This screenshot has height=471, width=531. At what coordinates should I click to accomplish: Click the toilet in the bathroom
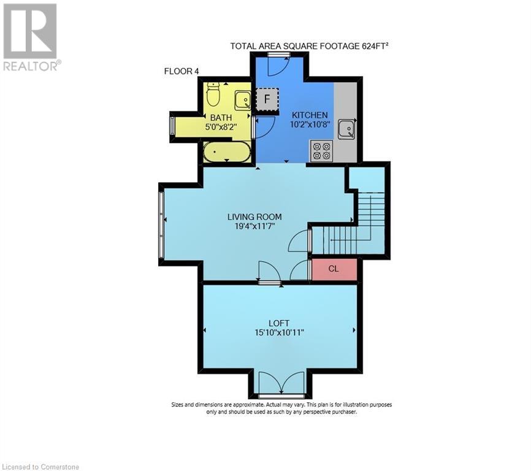(213, 94)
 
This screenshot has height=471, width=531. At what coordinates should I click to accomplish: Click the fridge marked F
(267, 98)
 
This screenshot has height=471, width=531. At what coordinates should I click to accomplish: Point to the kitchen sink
(346, 128)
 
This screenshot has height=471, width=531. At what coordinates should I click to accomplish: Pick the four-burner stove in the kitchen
(321, 150)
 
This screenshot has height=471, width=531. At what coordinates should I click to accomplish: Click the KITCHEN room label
(310, 115)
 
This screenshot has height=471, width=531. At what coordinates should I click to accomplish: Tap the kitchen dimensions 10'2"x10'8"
(310, 124)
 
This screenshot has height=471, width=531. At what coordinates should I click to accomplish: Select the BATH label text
(221, 117)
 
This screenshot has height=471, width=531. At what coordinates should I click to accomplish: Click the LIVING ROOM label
(254, 216)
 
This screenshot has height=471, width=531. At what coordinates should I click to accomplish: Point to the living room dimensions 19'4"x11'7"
(254, 226)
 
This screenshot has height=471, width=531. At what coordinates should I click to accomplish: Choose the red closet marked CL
(334, 269)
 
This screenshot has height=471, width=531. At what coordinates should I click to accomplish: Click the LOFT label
(278, 323)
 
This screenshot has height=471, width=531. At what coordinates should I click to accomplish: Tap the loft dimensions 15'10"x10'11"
(278, 333)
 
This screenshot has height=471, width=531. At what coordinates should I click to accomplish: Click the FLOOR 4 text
(181, 71)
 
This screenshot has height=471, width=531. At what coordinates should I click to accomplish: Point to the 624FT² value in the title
(372, 46)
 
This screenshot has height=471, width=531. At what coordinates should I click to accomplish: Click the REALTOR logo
(31, 37)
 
